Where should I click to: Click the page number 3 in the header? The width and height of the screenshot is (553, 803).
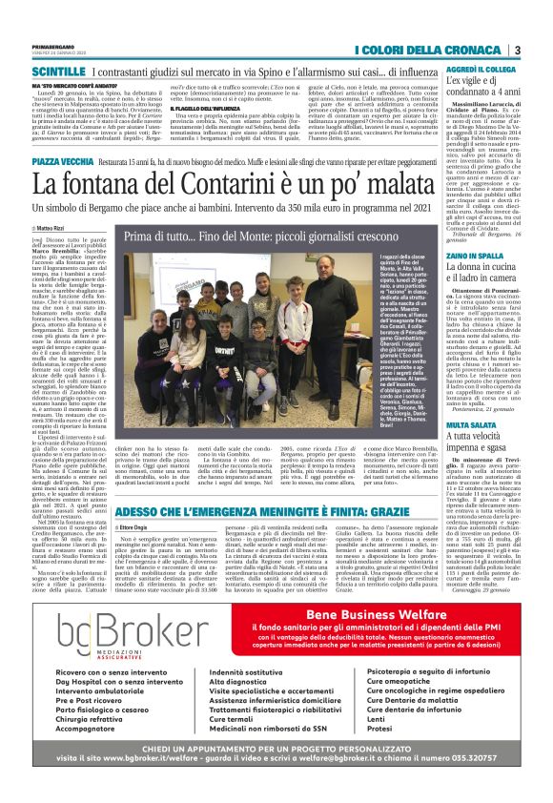(x=516, y=50)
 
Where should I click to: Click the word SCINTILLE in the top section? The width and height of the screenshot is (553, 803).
(x=58, y=72)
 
